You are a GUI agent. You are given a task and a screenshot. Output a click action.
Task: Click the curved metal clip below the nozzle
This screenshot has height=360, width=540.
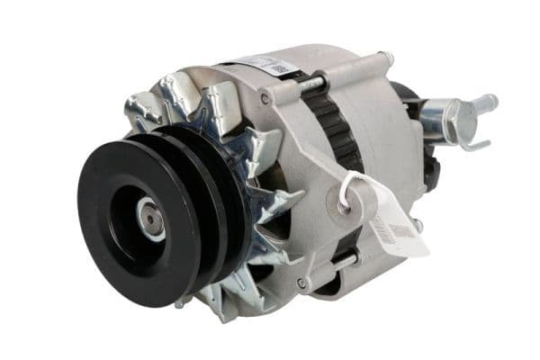(472, 143)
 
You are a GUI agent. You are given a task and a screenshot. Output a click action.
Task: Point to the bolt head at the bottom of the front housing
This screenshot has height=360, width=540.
(301, 283)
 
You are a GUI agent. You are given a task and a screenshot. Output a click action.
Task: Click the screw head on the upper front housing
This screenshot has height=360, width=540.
(265, 97)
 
